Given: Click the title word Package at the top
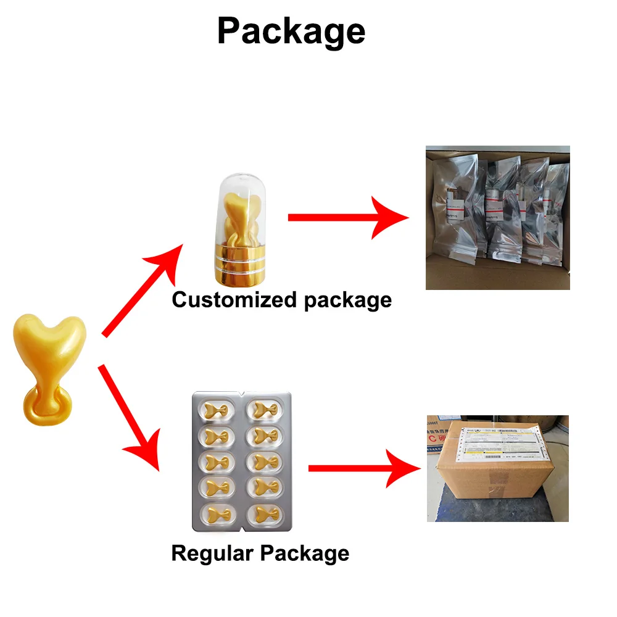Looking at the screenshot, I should (x=291, y=31).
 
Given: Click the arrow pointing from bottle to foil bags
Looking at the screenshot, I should (x=346, y=217).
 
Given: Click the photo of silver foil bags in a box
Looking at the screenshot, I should (x=497, y=217).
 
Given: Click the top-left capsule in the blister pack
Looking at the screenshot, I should (x=218, y=409).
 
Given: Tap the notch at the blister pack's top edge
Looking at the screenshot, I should (x=241, y=392).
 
